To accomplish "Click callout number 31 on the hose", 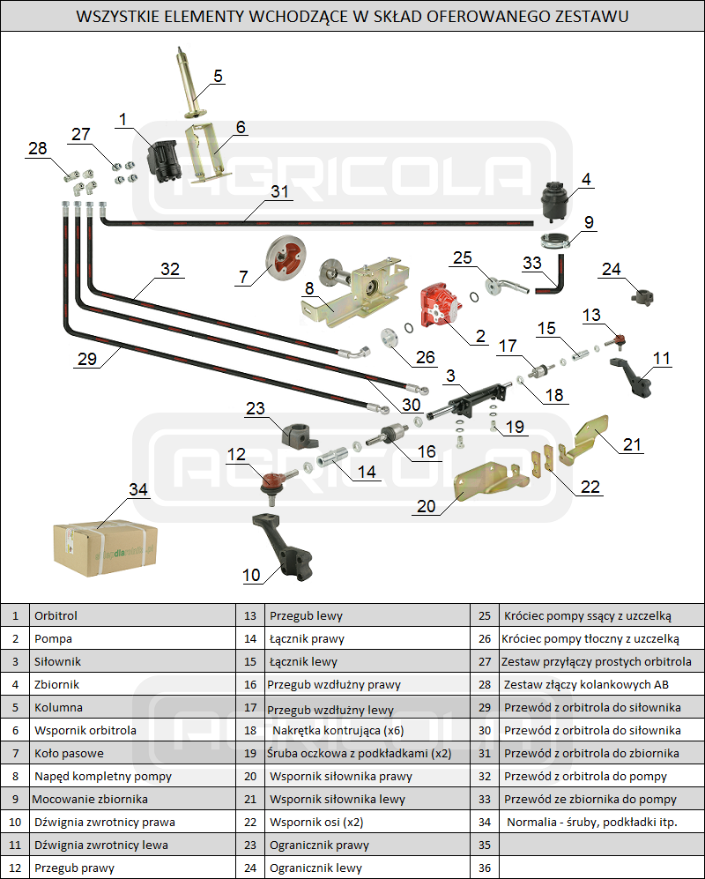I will pyautogui.click(x=279, y=191).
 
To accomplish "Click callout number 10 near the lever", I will pyautogui.click(x=252, y=575).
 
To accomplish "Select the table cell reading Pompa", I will pyautogui.click(x=53, y=638).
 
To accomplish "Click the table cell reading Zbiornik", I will pyautogui.click(x=56, y=684).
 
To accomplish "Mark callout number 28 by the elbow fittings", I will pyautogui.click(x=37, y=149).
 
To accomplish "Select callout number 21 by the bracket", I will pyautogui.click(x=632, y=443).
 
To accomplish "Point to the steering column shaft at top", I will pyautogui.click(x=189, y=79).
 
